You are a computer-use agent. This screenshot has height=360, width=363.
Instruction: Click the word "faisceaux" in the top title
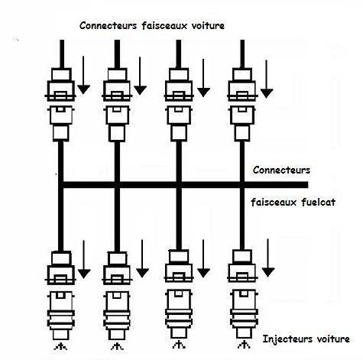point(164,25)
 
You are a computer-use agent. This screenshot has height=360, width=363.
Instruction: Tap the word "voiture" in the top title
point(208,25)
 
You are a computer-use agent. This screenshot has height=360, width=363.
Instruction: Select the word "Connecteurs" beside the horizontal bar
point(281,170)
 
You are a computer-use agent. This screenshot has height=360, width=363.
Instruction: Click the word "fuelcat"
point(319,203)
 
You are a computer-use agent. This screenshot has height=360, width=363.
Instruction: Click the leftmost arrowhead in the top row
point(83,89)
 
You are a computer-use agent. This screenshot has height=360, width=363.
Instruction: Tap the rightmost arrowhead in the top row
point(267,93)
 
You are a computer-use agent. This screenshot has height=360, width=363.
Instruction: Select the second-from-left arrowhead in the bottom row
point(142,273)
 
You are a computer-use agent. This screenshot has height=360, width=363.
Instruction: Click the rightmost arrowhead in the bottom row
point(268,272)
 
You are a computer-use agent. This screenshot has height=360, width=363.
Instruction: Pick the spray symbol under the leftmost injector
point(60,346)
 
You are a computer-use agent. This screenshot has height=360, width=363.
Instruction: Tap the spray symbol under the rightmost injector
point(244,345)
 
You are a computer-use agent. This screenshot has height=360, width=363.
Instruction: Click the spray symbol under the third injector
point(179,345)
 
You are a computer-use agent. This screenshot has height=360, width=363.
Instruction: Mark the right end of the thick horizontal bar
point(308,185)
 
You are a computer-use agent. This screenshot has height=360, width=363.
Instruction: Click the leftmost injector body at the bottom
point(61,316)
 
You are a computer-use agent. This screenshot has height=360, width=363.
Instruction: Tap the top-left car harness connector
point(60,84)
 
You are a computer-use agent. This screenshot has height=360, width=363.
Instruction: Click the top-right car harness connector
point(242,84)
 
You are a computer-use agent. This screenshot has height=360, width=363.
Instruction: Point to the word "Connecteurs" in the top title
point(109,25)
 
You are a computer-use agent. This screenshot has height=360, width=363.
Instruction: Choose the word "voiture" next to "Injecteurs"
point(333,339)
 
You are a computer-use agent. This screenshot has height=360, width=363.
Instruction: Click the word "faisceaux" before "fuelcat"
point(274,203)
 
